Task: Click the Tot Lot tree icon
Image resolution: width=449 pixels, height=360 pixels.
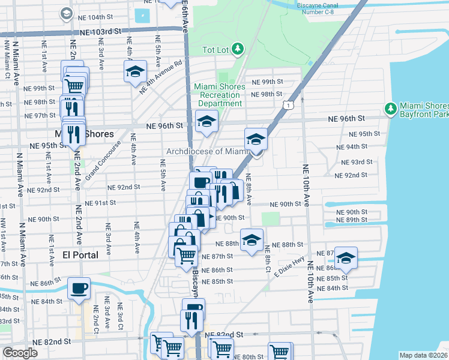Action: (238, 48)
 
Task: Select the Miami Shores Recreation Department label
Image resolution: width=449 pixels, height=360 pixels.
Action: (219, 95)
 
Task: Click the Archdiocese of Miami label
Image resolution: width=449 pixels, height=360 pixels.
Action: (207, 151)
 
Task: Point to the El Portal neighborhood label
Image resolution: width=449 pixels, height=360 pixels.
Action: (80, 255)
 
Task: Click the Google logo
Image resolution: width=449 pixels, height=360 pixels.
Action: (20, 353)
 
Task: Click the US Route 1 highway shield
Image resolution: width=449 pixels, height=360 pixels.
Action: (289, 106)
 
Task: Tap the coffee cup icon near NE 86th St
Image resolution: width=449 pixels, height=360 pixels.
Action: (79, 288)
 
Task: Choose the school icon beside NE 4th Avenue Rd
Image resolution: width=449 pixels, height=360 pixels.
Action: (136, 73)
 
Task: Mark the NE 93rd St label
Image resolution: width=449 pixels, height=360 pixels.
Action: (354, 162)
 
